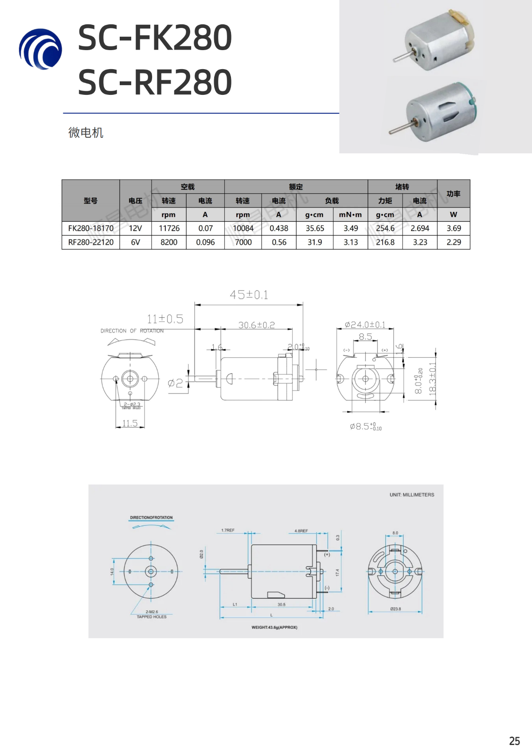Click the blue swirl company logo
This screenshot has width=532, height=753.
pyautogui.click(x=40, y=49)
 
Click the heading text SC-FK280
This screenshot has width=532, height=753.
pyautogui.click(x=155, y=38)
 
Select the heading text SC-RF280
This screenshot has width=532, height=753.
pyautogui.click(x=155, y=82)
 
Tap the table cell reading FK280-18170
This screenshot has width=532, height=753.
pyautogui.click(x=91, y=228)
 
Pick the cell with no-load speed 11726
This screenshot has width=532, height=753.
pyautogui.click(x=169, y=228)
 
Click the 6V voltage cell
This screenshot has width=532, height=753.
pyautogui.click(x=135, y=242)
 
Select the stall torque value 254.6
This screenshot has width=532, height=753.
pyautogui.click(x=385, y=228)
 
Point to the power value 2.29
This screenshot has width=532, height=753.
pyautogui.click(x=454, y=242)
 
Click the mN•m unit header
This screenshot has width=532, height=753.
pyautogui.click(x=350, y=215)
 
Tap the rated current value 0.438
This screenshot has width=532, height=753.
pyautogui.click(x=279, y=228)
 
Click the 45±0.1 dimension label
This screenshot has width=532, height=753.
pyautogui.click(x=249, y=295)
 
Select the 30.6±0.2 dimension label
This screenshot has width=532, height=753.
pyautogui.click(x=256, y=325)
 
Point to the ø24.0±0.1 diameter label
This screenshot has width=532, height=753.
pyautogui.click(x=365, y=325)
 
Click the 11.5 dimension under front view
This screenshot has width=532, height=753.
pyautogui.click(x=130, y=423)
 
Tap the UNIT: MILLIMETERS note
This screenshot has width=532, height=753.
pyautogui.click(x=412, y=495)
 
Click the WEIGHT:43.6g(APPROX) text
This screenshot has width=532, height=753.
pyautogui.click(x=274, y=627)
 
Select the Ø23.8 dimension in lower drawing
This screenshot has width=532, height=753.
pyautogui.click(x=395, y=609)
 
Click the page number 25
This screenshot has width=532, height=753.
pyautogui.click(x=514, y=741)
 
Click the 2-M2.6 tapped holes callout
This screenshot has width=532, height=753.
pyautogui.click(x=152, y=614)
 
